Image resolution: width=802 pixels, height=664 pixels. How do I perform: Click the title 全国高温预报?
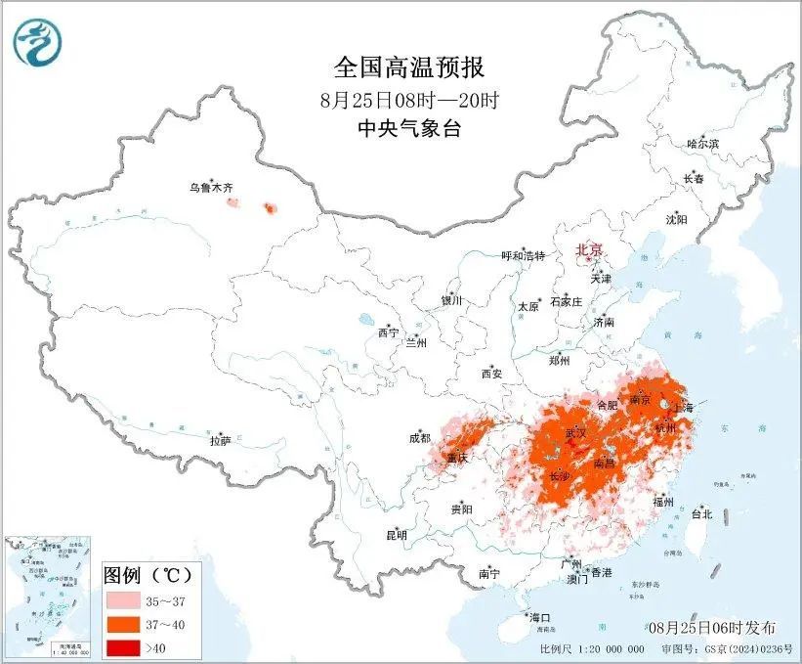pos(408,67)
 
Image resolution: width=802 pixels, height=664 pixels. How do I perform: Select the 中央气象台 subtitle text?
pos(408,128)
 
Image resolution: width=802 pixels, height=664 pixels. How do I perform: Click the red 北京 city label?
pos(589,249)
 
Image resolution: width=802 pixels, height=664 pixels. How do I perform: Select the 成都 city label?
pos(421,439)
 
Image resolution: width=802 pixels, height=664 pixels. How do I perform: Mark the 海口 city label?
pos(539,617)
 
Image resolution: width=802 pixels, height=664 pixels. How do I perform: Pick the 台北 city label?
pos(701,513)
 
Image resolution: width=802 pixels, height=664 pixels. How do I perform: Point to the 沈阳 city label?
pos(676,219)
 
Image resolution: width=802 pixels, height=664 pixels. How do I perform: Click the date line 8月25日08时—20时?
pos(408,100)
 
